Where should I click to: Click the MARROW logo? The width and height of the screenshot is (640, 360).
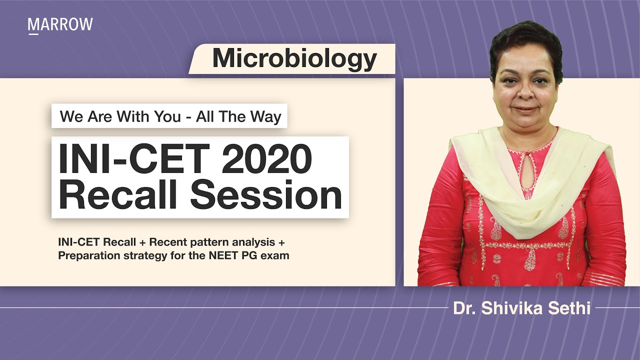(60, 25)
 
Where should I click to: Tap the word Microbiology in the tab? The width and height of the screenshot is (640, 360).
(294, 59)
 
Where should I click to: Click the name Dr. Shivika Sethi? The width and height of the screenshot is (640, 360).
(521, 308)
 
